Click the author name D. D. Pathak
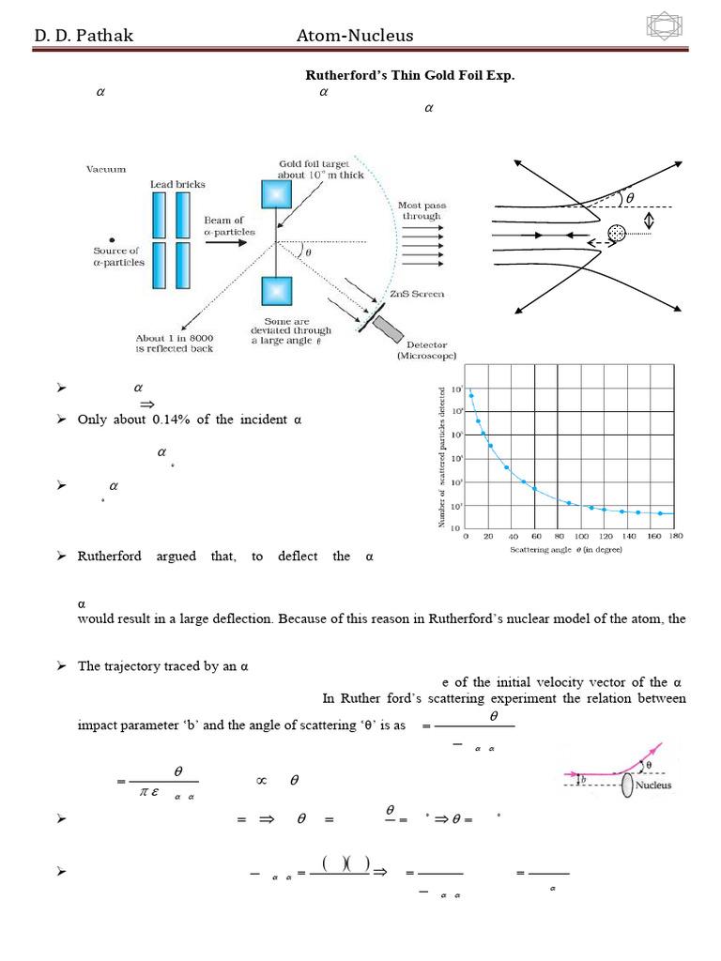(84, 36)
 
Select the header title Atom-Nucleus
(355, 36)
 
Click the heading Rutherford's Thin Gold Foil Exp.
(411, 75)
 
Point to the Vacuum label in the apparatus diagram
(105, 170)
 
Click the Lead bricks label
(177, 184)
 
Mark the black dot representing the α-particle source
(112, 238)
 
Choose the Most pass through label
(422, 210)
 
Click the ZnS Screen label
(421, 295)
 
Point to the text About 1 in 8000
(175, 338)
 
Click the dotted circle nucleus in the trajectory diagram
(617, 233)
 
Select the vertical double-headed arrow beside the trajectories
(647, 221)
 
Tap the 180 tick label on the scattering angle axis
(675, 536)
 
